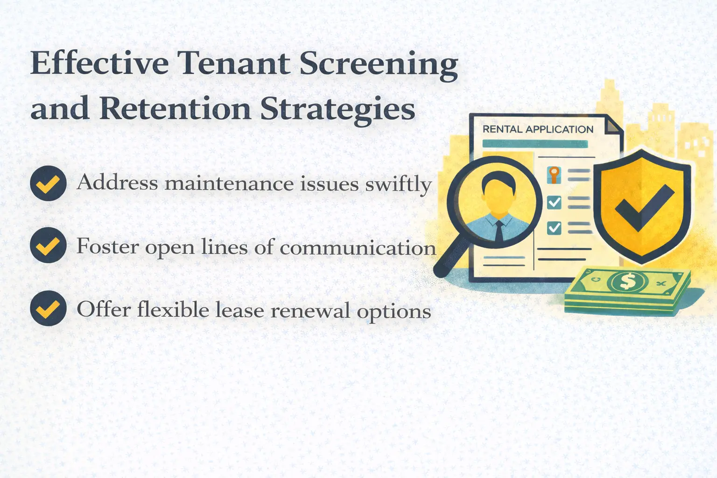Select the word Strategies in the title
pyautogui.click(x=337, y=110)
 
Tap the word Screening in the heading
pyautogui.click(x=379, y=64)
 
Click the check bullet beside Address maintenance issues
pyautogui.click(x=48, y=183)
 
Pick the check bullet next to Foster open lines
pyautogui.click(x=48, y=245)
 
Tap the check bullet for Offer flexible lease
pyautogui.click(x=48, y=308)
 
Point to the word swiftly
pyautogui.click(x=398, y=184)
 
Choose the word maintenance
pyautogui.click(x=229, y=183)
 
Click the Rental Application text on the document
pyautogui.click(x=538, y=129)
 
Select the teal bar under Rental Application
pyautogui.click(x=534, y=144)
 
